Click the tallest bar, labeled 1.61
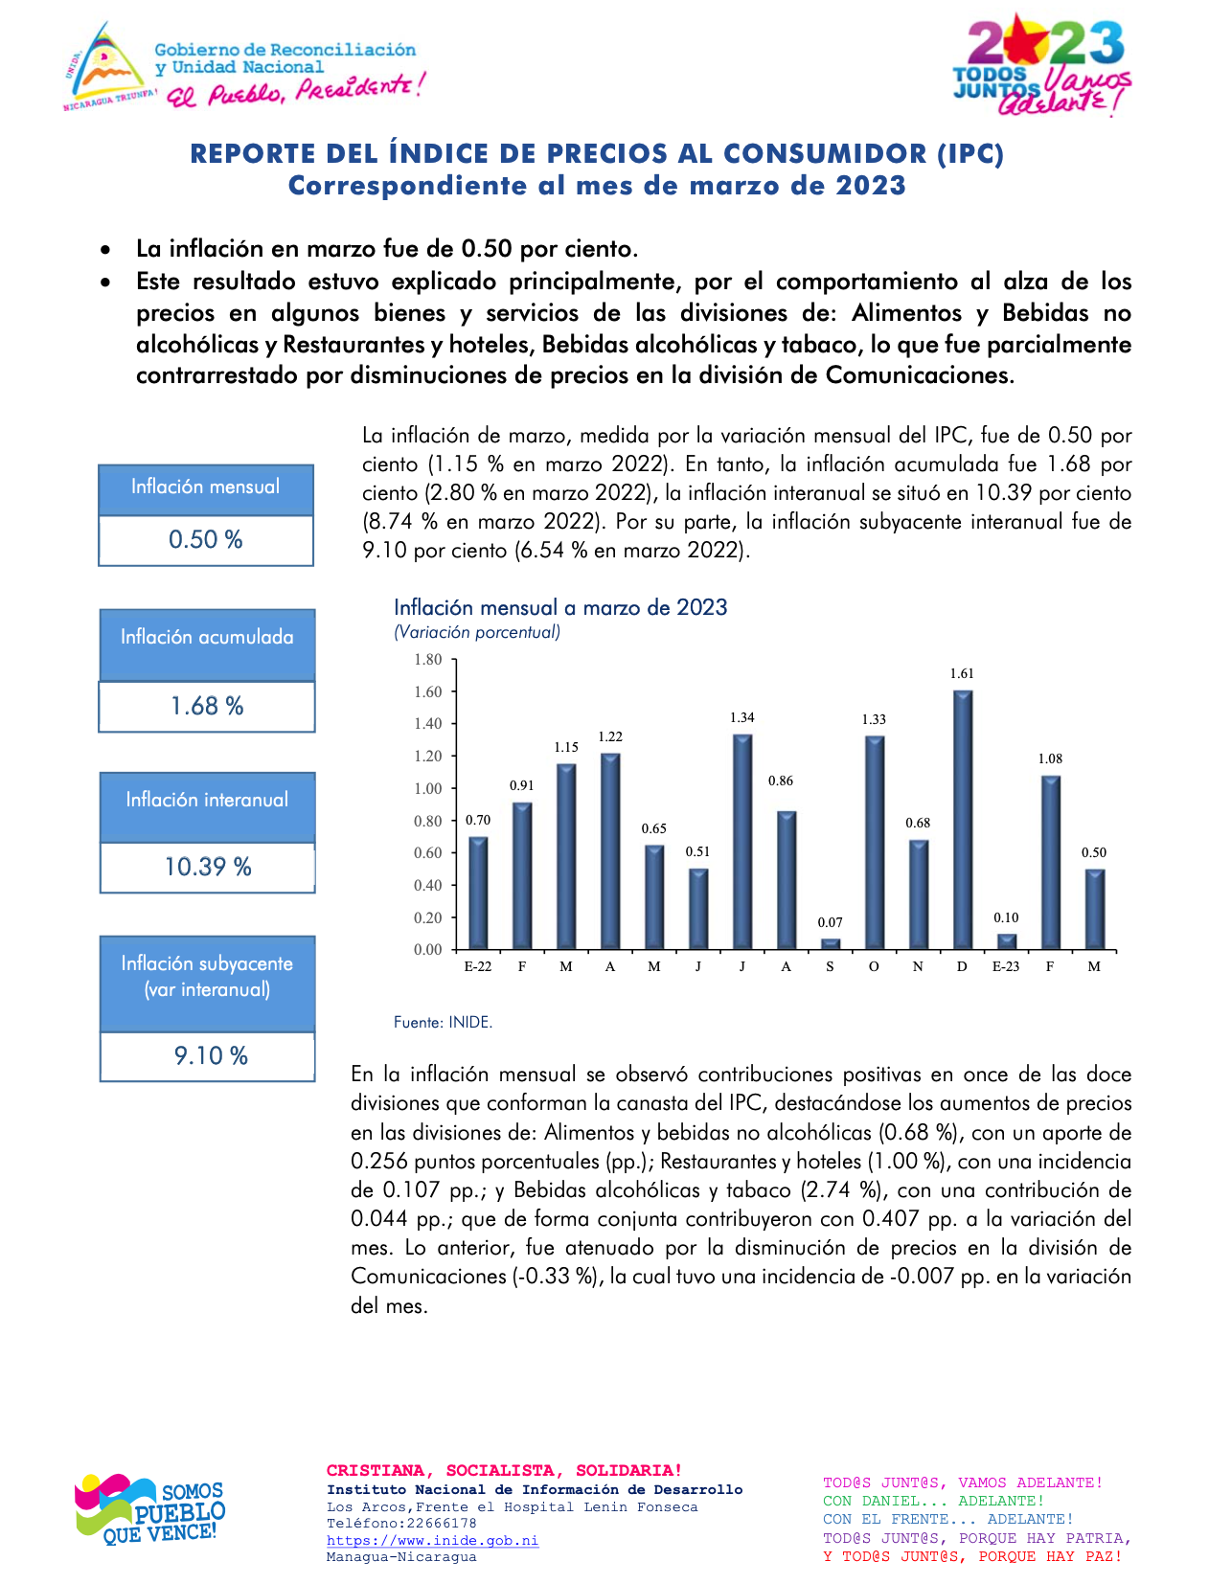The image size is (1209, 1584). click(963, 820)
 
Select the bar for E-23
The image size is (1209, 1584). click(1006, 942)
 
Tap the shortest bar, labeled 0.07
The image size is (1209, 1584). click(831, 944)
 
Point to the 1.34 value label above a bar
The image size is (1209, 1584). click(742, 717)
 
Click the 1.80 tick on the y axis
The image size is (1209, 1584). click(428, 660)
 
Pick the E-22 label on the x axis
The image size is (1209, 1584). click(478, 967)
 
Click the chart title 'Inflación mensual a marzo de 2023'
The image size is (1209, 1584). click(560, 608)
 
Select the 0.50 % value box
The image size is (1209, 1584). click(206, 540)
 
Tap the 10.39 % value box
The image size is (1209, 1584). click(208, 868)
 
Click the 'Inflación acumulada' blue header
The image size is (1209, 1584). click(207, 638)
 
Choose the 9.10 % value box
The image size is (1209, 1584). click(208, 1056)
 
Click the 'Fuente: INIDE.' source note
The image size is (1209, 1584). click(444, 1023)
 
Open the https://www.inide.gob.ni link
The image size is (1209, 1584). click(432, 1541)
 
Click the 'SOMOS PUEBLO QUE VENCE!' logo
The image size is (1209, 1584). click(150, 1508)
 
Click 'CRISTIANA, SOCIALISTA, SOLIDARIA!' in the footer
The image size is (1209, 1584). click(505, 1471)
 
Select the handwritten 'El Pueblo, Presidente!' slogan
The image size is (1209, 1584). click(295, 91)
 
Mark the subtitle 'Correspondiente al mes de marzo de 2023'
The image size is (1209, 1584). click(597, 186)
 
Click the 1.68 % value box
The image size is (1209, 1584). click(207, 707)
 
